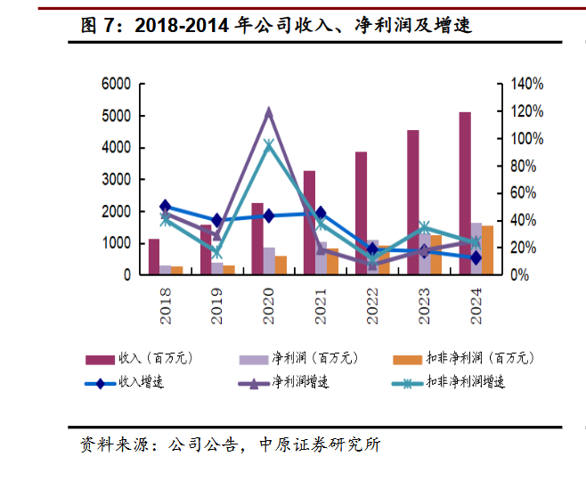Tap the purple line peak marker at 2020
(x=269, y=112)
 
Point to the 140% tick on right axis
(x=525, y=84)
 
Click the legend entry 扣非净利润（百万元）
(x=476, y=358)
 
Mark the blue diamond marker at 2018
(x=165, y=207)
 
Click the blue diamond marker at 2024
(x=476, y=258)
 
